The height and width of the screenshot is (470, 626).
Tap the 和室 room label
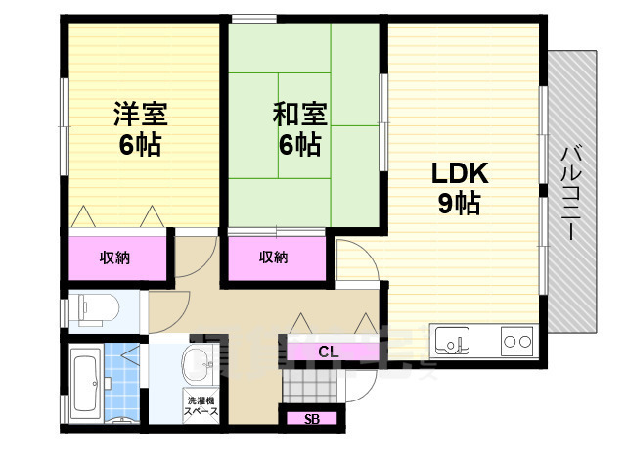pos(296,115)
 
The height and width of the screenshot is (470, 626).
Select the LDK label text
pos(460,173)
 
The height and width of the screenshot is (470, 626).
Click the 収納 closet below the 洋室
pos(114,258)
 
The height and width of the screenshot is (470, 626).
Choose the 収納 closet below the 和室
pos(274,258)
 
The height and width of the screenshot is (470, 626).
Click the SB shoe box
pos(311,419)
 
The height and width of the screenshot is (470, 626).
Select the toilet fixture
pos(96,309)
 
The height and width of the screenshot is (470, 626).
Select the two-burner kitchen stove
pos(516,342)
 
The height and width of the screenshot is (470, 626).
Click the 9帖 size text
pos(458,206)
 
